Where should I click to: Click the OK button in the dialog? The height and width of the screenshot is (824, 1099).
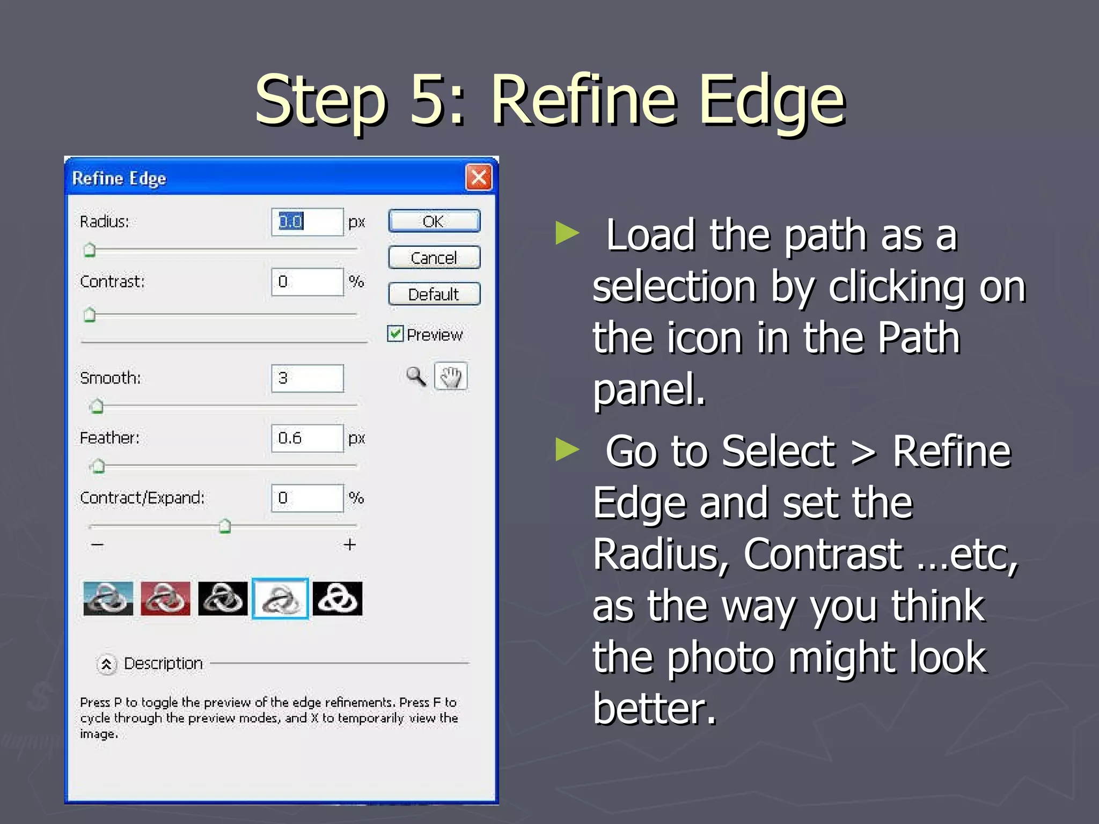[x=434, y=221]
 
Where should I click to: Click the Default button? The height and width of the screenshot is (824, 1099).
[x=434, y=294]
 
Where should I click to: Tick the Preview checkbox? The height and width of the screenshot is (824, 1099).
[x=395, y=334]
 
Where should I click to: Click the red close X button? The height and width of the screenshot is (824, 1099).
[x=479, y=178]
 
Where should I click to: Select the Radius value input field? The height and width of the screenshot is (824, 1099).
[x=307, y=222]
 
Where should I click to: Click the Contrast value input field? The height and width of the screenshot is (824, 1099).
[x=307, y=282]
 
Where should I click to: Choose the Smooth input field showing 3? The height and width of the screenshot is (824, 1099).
[x=307, y=378]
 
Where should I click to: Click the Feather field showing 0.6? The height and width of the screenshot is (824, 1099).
[x=307, y=438]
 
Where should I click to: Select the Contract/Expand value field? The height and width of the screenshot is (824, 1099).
[x=307, y=498]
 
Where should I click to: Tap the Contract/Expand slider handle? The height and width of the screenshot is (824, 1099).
[x=225, y=526]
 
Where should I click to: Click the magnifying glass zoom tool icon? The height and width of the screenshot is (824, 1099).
[x=416, y=376]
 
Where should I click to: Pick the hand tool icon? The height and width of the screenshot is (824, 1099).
[x=451, y=376]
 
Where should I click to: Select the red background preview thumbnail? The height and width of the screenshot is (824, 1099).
[x=165, y=598]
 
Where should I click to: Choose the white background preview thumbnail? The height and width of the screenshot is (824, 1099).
[x=280, y=598]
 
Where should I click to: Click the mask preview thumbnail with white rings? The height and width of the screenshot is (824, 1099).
[x=338, y=598]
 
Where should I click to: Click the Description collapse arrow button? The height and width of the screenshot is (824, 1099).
[x=106, y=664]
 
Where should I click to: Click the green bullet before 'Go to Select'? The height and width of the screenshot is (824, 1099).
[x=567, y=449]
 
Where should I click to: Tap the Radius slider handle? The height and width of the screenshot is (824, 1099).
[x=90, y=250]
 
